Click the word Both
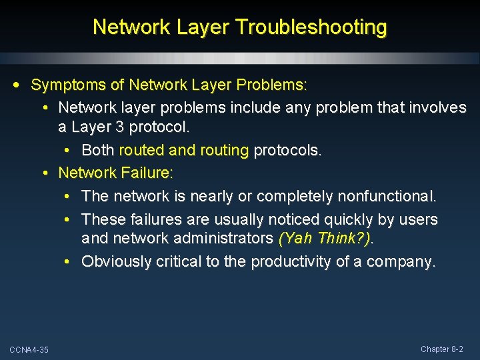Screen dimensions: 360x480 [x=98, y=151]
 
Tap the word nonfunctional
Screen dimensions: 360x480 [x=387, y=197]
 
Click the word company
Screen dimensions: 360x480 [x=403, y=262]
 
